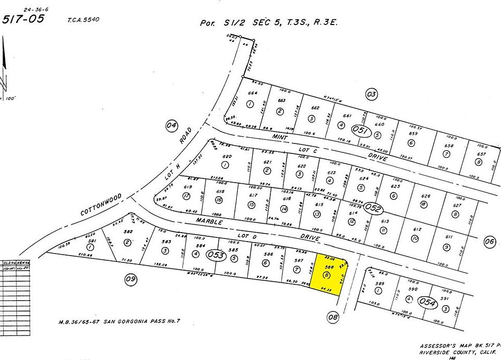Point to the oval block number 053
click(216, 255)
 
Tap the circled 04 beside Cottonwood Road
click(172, 125)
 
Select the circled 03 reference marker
click(371, 94)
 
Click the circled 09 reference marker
click(130, 280)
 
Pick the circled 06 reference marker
click(489, 241)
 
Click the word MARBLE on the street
click(209, 222)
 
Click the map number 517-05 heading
click(23, 19)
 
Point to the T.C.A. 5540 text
click(83, 20)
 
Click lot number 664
click(253, 94)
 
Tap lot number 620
click(226, 156)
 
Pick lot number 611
click(448, 237)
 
